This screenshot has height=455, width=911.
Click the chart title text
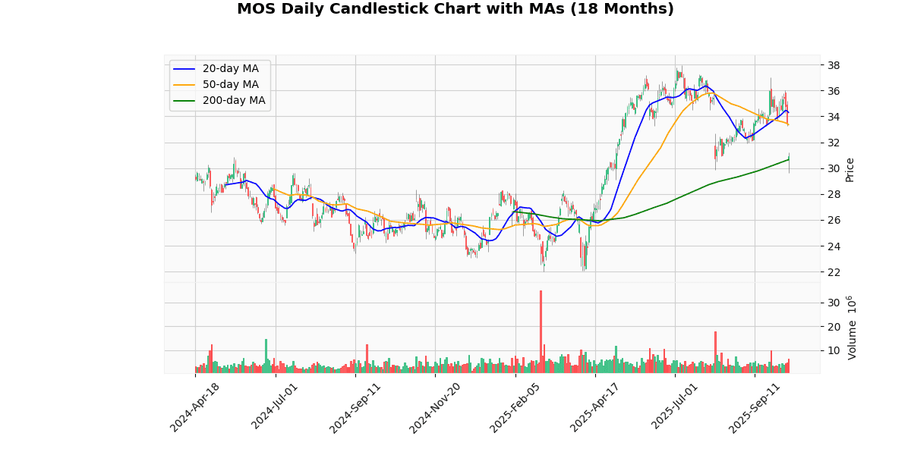point(455,9)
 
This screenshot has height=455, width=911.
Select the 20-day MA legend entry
point(230,69)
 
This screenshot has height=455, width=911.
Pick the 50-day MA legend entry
point(230,84)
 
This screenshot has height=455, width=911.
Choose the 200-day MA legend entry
point(234,100)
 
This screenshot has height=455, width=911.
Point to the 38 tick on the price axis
point(833,65)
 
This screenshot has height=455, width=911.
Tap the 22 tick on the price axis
point(833,271)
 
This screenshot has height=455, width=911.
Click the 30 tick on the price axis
point(833,168)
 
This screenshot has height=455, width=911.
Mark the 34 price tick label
point(833,117)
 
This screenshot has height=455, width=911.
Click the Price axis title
point(850,169)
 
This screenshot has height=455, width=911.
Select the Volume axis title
point(852,328)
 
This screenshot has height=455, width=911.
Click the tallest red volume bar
point(541,331)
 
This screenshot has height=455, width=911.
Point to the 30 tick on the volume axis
point(833,303)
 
